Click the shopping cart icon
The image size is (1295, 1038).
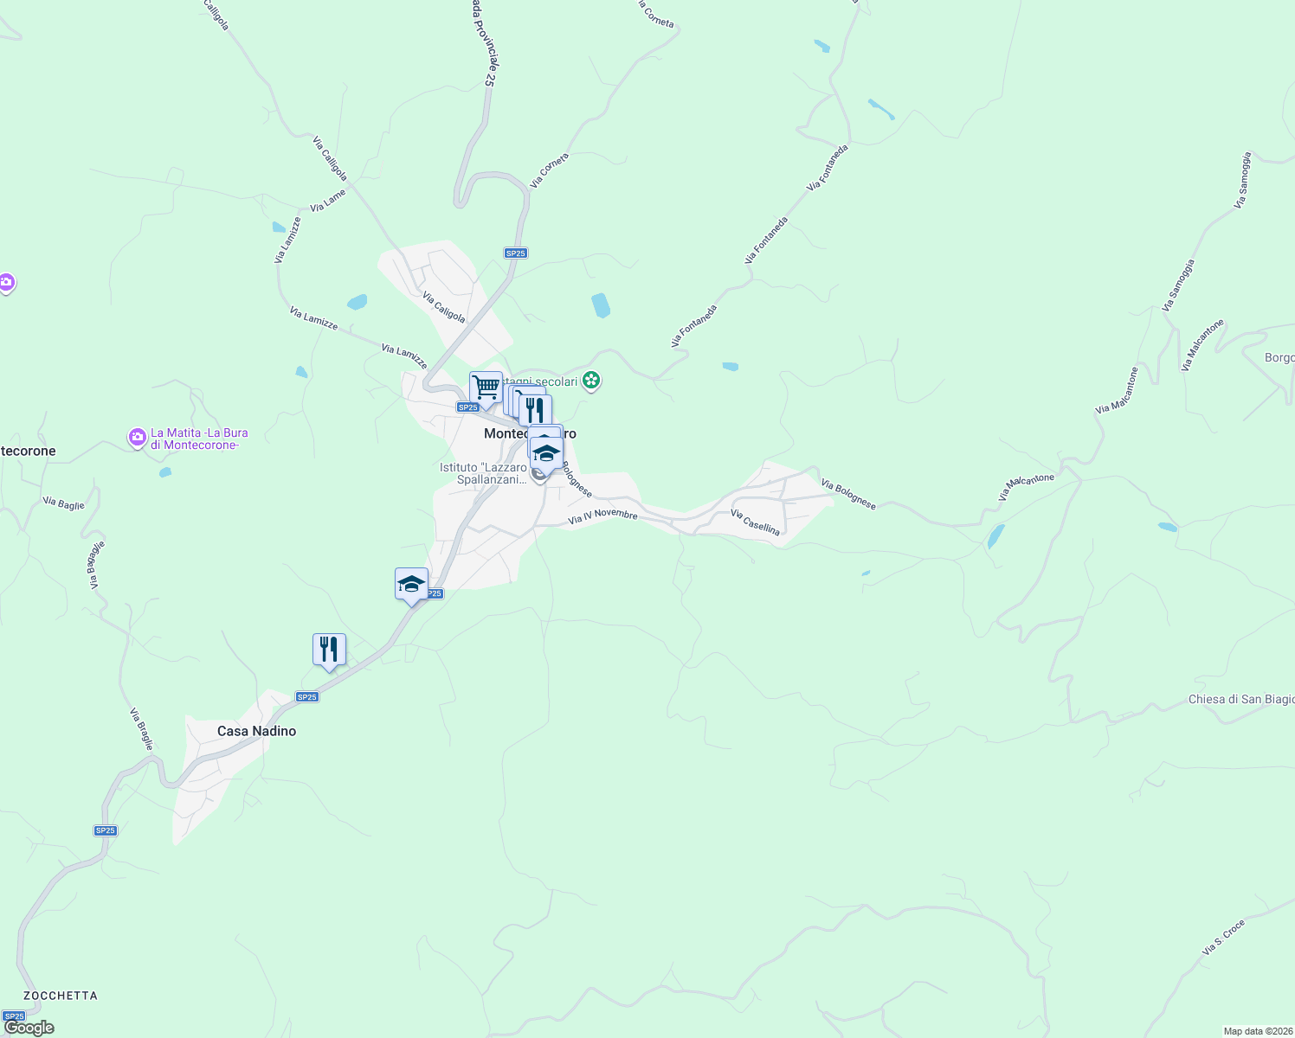point(486,388)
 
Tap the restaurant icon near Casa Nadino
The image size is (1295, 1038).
point(329,649)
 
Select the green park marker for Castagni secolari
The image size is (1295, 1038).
point(591,380)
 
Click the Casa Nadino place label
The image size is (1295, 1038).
point(256,731)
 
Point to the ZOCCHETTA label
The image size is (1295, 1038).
point(61,996)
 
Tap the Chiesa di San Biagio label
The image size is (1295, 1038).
point(1240,699)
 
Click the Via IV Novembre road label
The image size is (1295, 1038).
point(602,516)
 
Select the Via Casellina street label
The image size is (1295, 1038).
point(755,522)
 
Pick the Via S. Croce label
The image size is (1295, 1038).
point(1223,938)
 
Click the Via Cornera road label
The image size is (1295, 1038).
point(549,170)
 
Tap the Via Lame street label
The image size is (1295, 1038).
point(328,201)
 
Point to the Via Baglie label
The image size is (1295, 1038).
point(64,503)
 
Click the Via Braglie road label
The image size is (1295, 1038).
point(142,729)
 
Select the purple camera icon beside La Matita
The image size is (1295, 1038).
point(137,438)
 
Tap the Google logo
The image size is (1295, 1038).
point(29,1028)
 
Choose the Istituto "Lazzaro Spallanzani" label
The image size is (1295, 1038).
point(483,473)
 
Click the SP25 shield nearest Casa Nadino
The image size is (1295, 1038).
point(307,696)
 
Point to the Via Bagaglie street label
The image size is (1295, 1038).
point(95,565)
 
